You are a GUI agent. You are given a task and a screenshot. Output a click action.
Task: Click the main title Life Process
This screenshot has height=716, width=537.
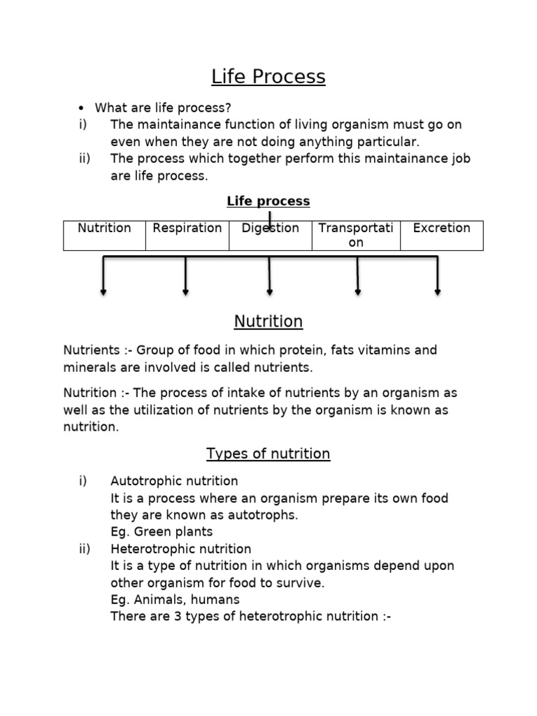pyautogui.click(x=268, y=77)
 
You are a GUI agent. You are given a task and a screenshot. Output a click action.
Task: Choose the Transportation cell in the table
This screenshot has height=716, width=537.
pyautogui.click(x=356, y=235)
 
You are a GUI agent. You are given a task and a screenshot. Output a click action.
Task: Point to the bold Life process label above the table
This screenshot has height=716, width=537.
pyautogui.click(x=268, y=201)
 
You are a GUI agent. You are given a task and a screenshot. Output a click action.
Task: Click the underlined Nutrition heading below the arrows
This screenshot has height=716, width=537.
pyautogui.click(x=268, y=322)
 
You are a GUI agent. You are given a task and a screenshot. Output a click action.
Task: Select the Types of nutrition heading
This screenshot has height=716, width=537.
pyautogui.click(x=268, y=454)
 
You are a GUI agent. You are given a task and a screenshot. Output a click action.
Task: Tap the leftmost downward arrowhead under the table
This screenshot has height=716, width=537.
pyautogui.click(x=103, y=292)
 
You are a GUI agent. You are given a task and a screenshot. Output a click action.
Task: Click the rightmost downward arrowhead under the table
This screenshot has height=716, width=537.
pyautogui.click(x=438, y=292)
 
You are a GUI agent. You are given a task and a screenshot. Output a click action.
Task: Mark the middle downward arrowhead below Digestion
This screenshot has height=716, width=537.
pyautogui.click(x=270, y=292)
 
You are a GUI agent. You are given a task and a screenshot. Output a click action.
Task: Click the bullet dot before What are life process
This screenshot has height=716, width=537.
pyautogui.click(x=82, y=108)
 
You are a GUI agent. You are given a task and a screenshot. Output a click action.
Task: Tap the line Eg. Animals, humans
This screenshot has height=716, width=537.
pyautogui.click(x=175, y=599)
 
